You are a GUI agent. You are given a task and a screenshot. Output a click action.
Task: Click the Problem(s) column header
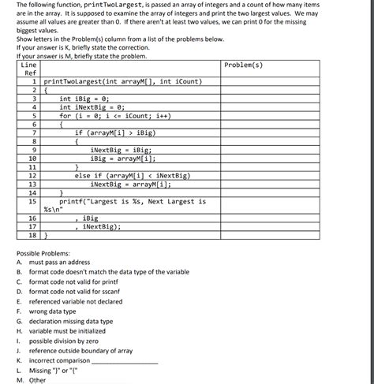pos(244,65)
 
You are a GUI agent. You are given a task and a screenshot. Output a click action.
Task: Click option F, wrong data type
pos(52,311)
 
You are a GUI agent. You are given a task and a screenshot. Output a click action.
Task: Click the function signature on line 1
pos(123,81)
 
